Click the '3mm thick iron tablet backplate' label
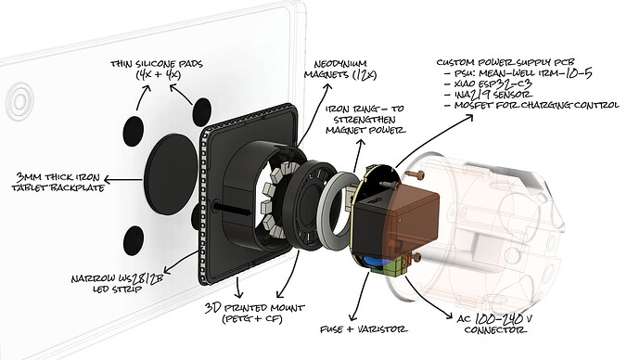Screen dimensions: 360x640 [51, 184]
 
